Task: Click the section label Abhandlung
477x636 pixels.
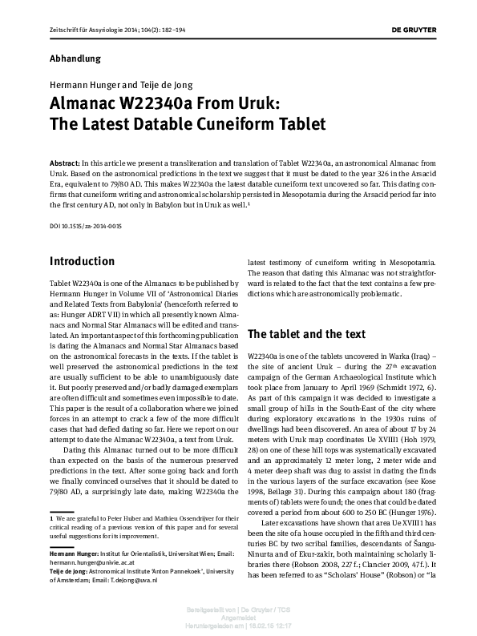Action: tap(76, 58)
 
